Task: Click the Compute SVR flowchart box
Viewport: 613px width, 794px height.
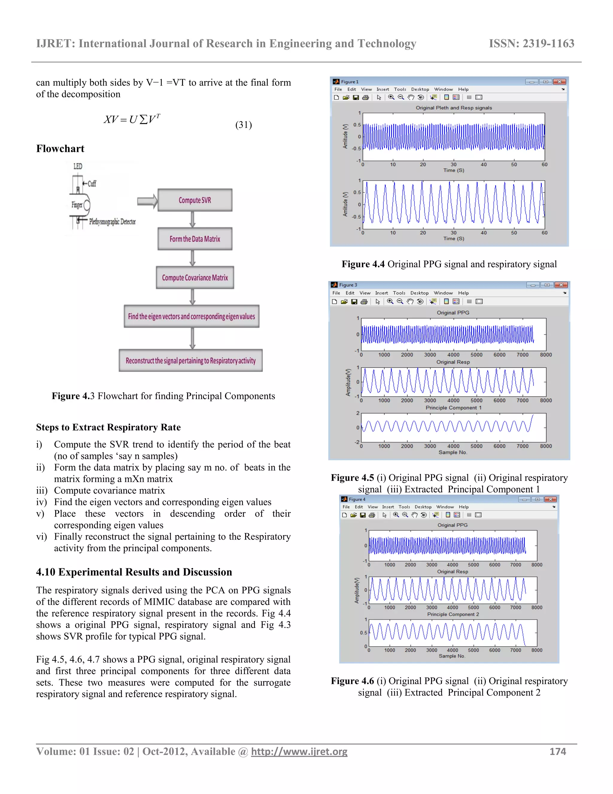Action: coord(195,200)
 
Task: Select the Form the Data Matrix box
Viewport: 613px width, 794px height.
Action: coord(195,239)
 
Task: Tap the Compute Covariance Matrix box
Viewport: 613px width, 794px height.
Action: coord(195,278)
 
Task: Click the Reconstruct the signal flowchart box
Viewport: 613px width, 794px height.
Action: coord(191,361)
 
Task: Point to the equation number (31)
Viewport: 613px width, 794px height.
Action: coord(243,125)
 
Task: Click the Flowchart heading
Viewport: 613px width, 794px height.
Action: coord(60,149)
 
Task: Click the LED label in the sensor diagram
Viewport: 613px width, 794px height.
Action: coord(78,167)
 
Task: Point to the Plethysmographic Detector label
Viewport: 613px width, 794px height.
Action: coord(112,222)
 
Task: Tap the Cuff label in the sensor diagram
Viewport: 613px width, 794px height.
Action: coord(92,184)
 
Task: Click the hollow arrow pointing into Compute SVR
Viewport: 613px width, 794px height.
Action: coord(147,201)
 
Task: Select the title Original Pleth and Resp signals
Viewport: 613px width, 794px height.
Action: coord(453,108)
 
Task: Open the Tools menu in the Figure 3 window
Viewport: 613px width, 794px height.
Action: coord(399,293)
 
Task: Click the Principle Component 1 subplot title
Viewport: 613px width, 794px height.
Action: coord(453,408)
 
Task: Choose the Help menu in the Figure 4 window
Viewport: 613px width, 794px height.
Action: coord(463,507)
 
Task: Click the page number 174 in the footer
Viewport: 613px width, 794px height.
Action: coord(557,751)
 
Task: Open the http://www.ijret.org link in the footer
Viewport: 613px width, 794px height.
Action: coord(299,751)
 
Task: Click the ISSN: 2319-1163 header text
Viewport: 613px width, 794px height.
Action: coord(531,44)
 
